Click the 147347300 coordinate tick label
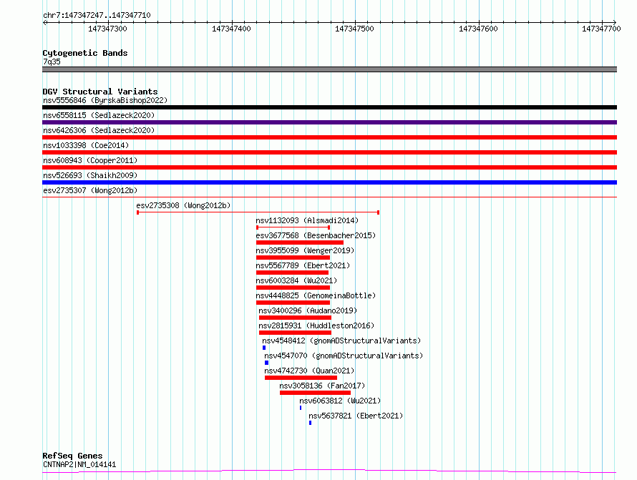(107, 29)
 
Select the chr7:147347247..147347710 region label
(97, 15)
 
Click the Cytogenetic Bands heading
(84, 53)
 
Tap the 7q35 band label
(52, 62)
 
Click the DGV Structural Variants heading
(99, 92)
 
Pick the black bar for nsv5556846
(329, 107)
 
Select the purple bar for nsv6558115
(329, 122)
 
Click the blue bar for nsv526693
(329, 182)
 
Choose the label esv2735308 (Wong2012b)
(183, 205)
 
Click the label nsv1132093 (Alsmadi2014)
(307, 220)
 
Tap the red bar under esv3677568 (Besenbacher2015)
(299, 243)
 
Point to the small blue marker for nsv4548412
(264, 348)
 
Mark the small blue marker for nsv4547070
(266, 363)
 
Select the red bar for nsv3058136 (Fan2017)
(315, 393)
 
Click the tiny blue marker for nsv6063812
(301, 408)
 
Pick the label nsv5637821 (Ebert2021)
(355, 416)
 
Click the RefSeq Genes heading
(72, 456)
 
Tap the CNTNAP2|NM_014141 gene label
(79, 464)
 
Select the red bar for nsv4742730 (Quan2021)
(301, 378)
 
